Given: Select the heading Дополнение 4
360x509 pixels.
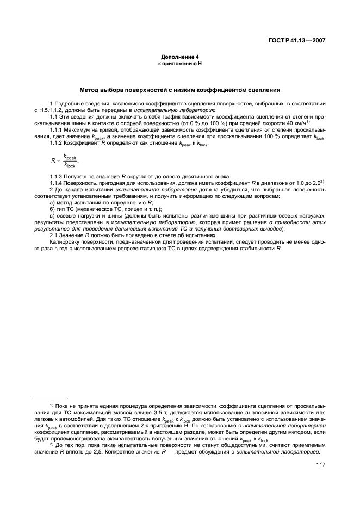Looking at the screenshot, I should [179, 57].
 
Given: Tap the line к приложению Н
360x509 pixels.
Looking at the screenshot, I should [179, 64].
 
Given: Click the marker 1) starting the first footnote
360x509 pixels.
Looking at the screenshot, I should [52, 405].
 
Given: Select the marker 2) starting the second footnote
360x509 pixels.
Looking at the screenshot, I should [52, 444].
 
